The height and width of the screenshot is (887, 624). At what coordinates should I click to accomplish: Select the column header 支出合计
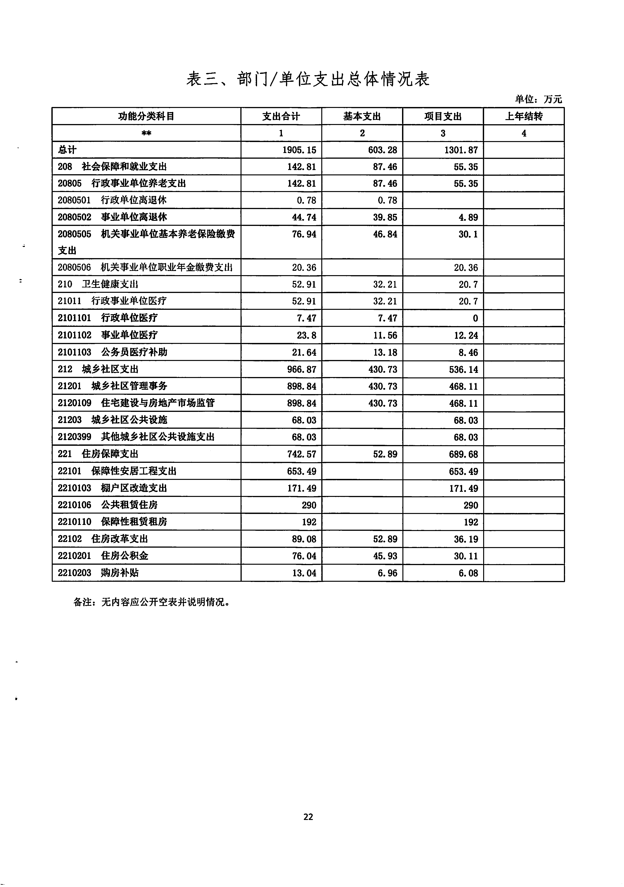coord(281,116)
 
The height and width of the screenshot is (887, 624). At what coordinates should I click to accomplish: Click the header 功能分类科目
coord(146,116)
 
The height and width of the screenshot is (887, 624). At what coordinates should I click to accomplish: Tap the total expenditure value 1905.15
coord(299,150)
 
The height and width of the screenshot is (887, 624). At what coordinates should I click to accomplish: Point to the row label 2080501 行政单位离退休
coord(112,200)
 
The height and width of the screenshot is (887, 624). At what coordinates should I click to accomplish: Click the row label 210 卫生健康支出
coord(98,284)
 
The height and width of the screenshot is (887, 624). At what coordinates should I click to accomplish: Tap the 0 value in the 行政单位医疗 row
coord(475,318)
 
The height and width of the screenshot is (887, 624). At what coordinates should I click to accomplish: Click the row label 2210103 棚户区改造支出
coord(112,488)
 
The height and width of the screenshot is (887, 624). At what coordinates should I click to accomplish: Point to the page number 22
coord(308,817)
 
